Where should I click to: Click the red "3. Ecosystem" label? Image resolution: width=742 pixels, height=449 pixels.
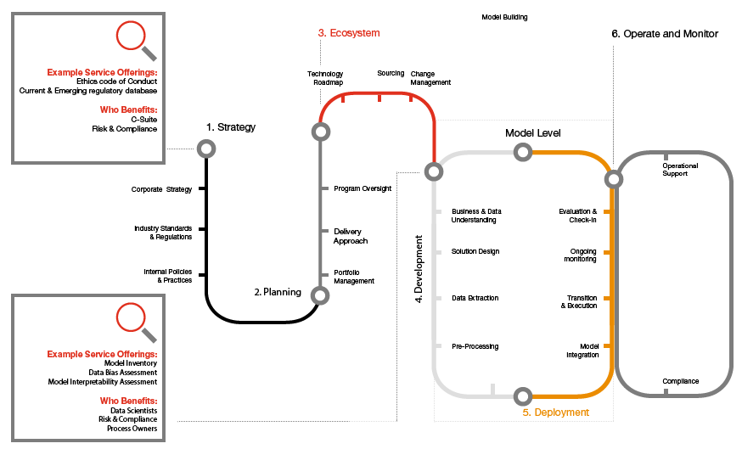[x=349, y=33]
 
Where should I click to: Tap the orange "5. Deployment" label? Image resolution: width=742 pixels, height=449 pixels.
[x=555, y=413]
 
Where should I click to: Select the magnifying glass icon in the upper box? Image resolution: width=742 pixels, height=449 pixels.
[x=135, y=39]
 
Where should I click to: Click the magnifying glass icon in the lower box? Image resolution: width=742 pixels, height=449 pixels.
[x=135, y=321]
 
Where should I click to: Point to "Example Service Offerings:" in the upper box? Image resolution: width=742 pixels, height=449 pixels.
[x=103, y=73]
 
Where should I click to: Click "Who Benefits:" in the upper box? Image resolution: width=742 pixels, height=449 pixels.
[x=129, y=109]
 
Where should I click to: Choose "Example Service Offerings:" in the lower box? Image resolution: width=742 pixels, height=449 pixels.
[x=103, y=354]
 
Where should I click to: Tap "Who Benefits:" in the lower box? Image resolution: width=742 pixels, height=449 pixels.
[x=129, y=401]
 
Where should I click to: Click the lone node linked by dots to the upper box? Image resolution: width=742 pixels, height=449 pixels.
[x=206, y=149]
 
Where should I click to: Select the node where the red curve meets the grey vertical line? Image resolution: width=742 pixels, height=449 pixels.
[x=320, y=132]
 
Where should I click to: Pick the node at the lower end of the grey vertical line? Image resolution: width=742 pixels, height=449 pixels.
[x=320, y=295]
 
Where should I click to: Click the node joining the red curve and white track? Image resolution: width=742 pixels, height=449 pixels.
[x=434, y=171]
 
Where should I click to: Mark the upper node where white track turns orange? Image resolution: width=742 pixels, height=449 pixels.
[x=523, y=152]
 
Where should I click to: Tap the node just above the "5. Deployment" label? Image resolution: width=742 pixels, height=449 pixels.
[x=523, y=396]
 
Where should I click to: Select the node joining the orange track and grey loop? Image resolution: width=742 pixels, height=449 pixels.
[x=613, y=179]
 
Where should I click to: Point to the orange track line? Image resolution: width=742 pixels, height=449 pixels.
[x=611, y=280]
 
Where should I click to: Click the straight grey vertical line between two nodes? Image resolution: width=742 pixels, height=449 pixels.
[x=320, y=212]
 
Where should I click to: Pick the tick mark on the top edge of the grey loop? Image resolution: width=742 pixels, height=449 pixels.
[x=666, y=156]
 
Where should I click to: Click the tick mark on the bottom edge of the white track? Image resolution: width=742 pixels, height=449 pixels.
[x=492, y=390]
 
